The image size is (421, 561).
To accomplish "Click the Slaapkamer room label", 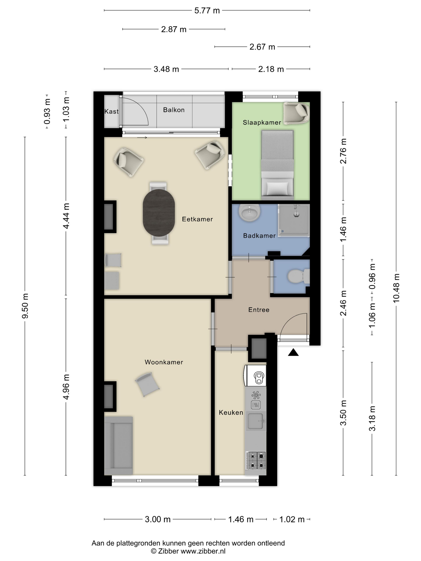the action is pos(262,122).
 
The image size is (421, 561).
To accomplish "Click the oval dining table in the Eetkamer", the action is pos(159,213).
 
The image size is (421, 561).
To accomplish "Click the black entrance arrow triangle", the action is pos(293,352).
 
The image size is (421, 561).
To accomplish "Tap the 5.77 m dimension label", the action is pos(207,11).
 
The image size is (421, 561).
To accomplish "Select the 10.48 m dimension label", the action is pos(396,288).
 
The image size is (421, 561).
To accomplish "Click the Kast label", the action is pos(111,111).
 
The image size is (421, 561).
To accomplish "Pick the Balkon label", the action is pos(174,110).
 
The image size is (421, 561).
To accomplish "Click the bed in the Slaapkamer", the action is pos(277,165).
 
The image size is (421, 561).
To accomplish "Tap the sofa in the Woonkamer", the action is pos(118,445).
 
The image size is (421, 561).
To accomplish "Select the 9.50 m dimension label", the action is pos(25,306).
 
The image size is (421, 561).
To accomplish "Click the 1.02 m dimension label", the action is pos(292,519).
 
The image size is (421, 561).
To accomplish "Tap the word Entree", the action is pos(259,310).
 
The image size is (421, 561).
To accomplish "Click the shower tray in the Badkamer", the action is pos(294,220).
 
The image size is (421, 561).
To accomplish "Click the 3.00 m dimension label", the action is pos(158,519).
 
